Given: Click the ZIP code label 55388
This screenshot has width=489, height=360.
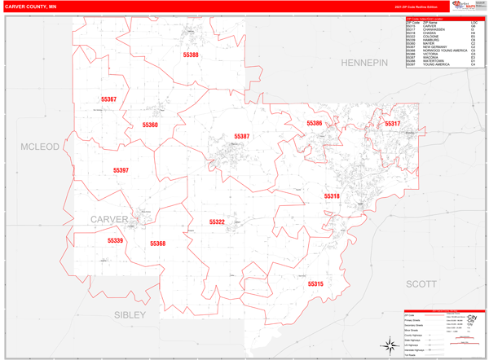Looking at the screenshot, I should point(191,55).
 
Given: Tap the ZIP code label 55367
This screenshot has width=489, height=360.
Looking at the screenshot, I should point(109,99).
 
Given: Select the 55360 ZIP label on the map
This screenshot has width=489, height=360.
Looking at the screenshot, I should point(150,125).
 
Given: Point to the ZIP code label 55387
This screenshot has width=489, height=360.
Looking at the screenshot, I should point(242,136).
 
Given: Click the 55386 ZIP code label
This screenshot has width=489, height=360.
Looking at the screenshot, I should point(315,123).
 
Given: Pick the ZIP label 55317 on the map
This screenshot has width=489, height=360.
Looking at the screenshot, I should point(393,124).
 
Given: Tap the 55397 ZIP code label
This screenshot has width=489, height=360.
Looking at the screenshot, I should point(121,170).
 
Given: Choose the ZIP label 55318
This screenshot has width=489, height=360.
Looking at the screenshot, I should point(332,196).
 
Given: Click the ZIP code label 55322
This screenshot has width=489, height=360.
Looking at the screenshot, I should point(217,222).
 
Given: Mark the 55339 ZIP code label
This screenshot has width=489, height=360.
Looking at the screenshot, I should point(115,240).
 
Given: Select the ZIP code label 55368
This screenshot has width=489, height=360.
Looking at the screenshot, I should point(157,244).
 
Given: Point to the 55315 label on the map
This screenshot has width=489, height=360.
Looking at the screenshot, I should point(315,283).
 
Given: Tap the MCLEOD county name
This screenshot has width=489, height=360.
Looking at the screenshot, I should point(40,147).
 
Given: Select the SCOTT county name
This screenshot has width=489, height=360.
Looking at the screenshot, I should point(421,283).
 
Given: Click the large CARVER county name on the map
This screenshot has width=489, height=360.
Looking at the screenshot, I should point(108,219).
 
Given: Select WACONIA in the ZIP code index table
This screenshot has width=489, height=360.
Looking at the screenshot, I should point(433,57).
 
